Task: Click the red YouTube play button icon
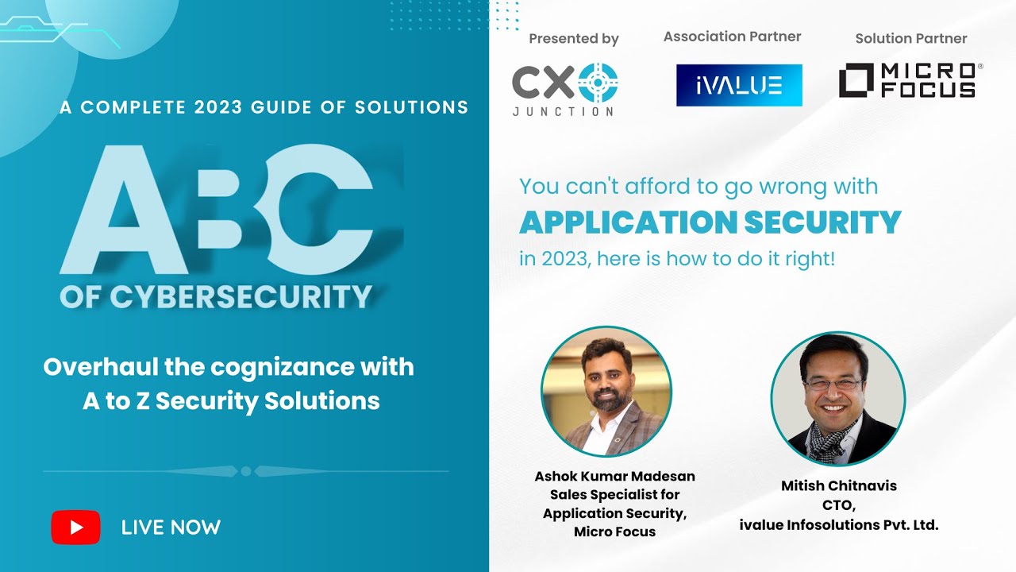(75, 528)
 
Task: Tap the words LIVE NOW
(171, 528)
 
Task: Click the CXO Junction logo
(564, 89)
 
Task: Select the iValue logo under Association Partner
(739, 85)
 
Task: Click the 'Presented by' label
(574, 39)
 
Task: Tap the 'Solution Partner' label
(911, 38)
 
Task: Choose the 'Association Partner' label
(732, 37)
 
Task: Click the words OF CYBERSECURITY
(216, 297)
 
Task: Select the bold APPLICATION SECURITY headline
(710, 222)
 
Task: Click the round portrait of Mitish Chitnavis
(837, 399)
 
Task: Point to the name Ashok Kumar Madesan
(614, 477)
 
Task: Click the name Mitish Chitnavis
(838, 486)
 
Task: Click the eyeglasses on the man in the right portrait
(832, 384)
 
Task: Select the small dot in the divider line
(246, 471)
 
